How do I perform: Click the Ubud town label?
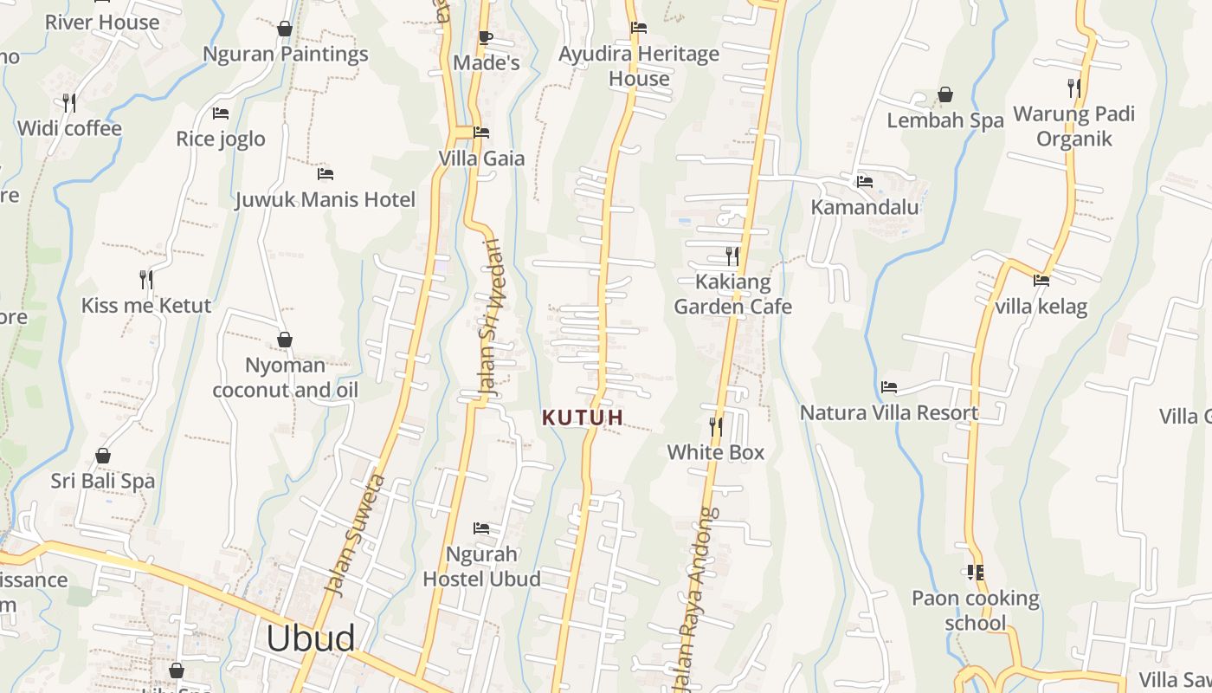tap(310, 638)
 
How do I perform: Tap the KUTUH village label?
tap(583, 418)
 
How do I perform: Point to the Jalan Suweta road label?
tap(354, 534)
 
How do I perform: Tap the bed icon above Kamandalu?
tap(864, 182)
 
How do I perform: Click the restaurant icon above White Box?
tap(716, 426)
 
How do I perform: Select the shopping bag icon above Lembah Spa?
tap(945, 94)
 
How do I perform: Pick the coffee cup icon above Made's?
tap(485, 37)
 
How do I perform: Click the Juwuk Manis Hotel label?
tap(326, 200)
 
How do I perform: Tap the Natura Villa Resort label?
tap(889, 413)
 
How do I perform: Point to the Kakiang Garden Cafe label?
tap(732, 295)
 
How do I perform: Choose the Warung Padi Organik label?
tap(1073, 126)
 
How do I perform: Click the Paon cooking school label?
tap(976, 611)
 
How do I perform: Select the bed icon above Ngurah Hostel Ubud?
tap(481, 528)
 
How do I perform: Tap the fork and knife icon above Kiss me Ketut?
tap(146, 279)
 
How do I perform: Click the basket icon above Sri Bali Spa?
tap(103, 456)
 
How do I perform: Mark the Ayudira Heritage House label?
tap(639, 66)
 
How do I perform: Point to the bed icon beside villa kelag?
tap(1041, 281)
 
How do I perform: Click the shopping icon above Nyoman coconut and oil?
tap(285, 340)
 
